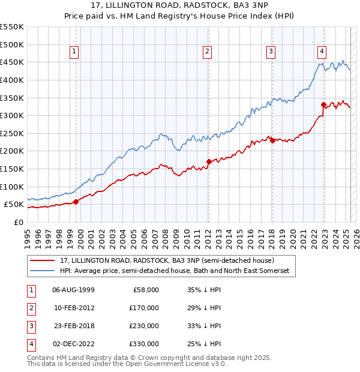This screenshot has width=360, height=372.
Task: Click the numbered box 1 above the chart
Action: pos(74,52)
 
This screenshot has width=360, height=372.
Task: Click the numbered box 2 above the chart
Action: pos(207,52)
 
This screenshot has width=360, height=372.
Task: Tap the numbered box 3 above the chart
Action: pos(271,52)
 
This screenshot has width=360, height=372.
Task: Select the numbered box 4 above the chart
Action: pos(322,52)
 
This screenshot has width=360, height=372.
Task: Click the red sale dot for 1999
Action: pos(76,202)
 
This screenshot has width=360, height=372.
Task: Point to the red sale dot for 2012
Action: pos(209,161)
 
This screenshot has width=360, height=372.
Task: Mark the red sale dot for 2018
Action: pos(272,140)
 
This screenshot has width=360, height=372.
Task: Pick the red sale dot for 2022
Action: pos(323,104)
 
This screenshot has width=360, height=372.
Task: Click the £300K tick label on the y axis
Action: pos(12,115)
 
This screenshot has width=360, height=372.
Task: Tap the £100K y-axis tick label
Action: pos(12,187)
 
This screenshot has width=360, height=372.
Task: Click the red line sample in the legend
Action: pos(43,260)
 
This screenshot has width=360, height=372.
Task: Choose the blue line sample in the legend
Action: pos(43,271)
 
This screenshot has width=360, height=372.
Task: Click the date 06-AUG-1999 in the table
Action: pos(74,290)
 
